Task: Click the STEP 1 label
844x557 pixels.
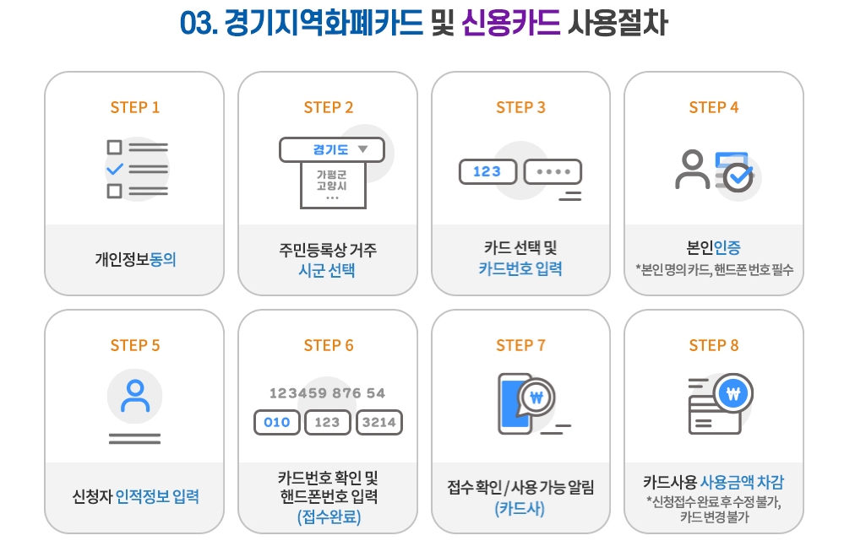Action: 135,107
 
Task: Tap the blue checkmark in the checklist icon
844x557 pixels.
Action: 115,170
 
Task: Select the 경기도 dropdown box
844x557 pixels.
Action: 331,149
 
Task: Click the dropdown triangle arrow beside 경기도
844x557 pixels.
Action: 362,149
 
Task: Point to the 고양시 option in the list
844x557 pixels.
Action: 331,186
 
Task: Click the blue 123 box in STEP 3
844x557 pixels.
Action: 487,171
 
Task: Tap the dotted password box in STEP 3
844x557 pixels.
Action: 553,171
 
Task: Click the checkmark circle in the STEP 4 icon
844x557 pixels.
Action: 738,177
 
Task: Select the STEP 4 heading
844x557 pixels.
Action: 714,107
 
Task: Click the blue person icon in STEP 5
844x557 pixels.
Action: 135,397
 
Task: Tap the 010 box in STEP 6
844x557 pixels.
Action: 276,422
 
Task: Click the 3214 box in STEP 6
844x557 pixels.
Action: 379,422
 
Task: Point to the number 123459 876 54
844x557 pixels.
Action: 327,393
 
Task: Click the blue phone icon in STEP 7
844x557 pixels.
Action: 514,403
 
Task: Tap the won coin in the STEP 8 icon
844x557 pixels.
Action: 733,394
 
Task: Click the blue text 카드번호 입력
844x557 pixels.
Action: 520,268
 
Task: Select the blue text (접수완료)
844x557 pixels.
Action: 329,516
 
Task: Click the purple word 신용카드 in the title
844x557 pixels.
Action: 511,23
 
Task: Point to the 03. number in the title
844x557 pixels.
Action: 199,23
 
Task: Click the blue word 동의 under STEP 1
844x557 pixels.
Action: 162,259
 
